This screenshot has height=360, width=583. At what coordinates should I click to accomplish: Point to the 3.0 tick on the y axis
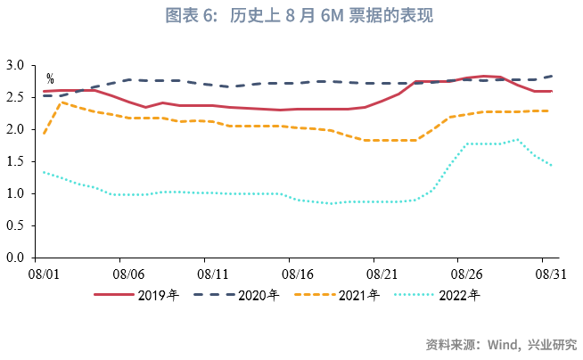pyautogui.click(x=15, y=66)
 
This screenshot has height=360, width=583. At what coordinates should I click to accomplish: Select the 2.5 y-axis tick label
pyautogui.click(x=15, y=98)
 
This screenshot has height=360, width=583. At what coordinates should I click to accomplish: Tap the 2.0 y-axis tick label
pyautogui.click(x=15, y=130)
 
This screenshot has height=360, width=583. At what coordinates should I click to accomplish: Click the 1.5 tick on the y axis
pyautogui.click(x=15, y=162)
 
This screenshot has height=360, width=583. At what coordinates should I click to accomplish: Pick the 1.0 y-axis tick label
pyautogui.click(x=15, y=194)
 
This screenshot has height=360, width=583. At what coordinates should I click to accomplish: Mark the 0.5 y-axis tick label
pyautogui.click(x=15, y=226)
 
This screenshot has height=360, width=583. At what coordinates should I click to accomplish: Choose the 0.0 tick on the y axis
pyautogui.click(x=15, y=258)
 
